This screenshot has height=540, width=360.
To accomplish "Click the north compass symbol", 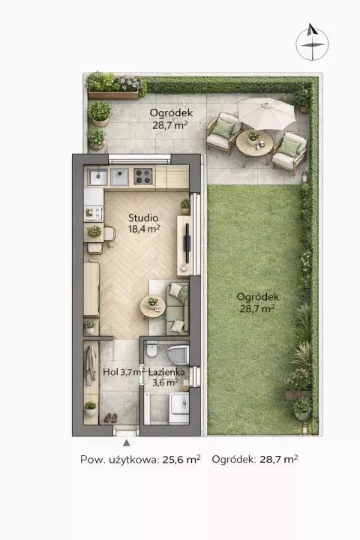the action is [312, 42].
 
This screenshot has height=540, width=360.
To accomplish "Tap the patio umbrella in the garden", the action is [267, 112].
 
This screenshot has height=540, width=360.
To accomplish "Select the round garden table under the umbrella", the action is [254, 143].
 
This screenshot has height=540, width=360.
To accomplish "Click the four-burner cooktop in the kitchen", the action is [143, 176].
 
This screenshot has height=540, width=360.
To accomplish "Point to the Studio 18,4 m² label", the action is [144, 223].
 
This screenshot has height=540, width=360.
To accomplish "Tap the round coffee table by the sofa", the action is [152, 307].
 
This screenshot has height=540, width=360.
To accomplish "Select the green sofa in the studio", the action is [178, 308].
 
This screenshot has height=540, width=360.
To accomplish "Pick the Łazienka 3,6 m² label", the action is [166, 377].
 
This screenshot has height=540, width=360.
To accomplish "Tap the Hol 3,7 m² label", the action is [124, 372].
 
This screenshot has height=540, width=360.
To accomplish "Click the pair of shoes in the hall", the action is [110, 418].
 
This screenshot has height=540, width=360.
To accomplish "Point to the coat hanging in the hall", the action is [91, 365].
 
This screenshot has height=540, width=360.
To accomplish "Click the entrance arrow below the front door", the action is [127, 442].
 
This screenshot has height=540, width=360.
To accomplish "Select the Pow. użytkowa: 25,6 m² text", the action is [140, 460].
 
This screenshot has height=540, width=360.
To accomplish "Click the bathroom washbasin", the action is [179, 403].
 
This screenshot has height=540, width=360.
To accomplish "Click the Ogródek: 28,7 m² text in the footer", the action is [255, 459].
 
